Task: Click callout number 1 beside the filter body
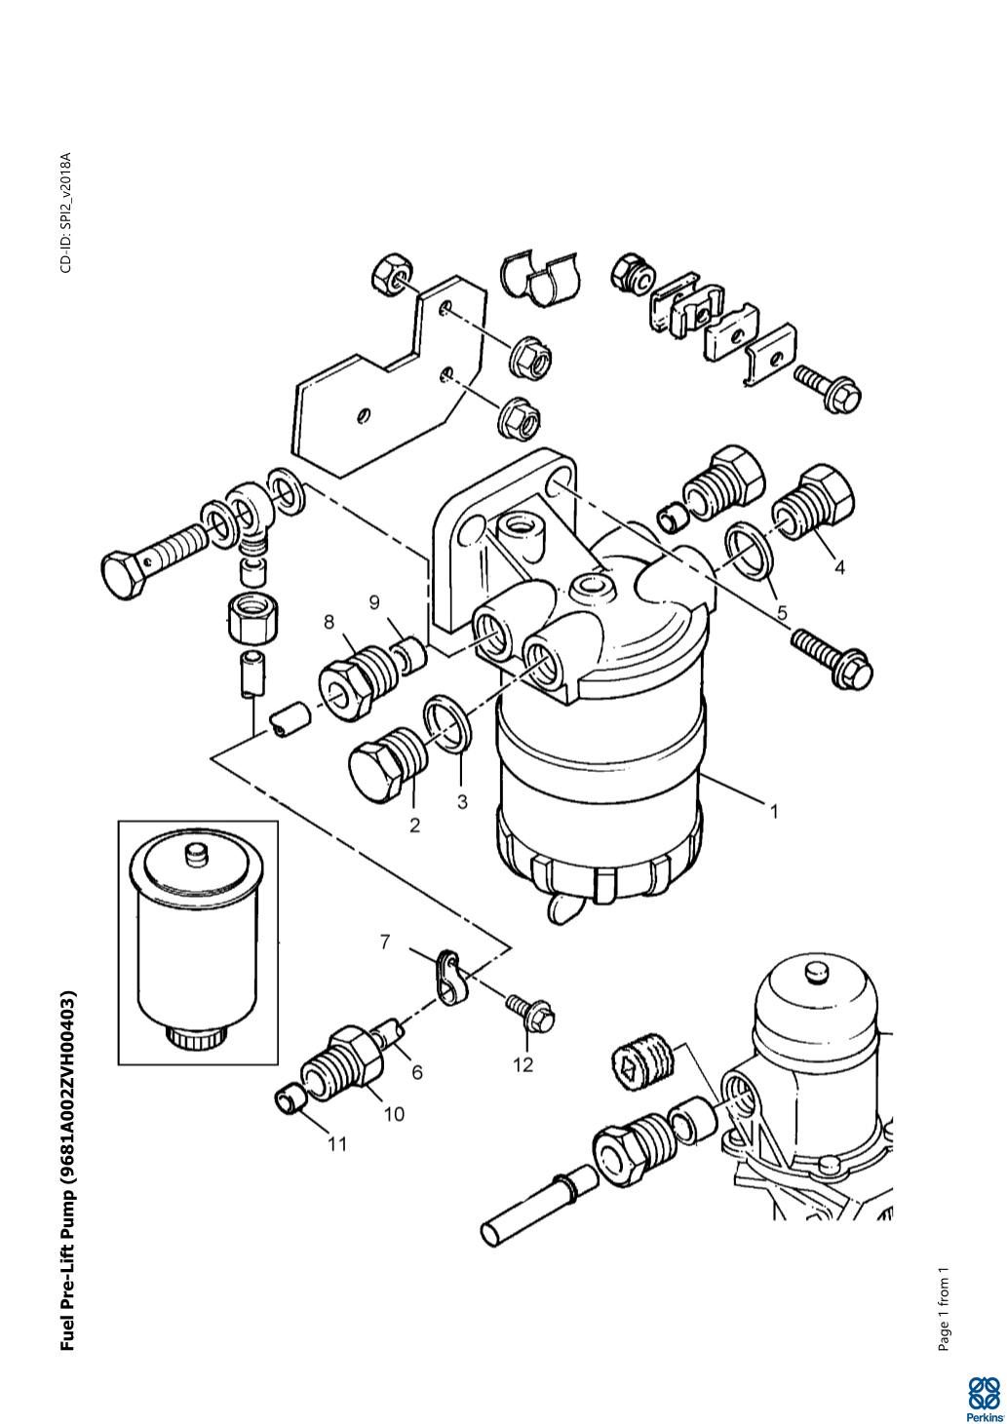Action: point(774,812)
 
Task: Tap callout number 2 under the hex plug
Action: point(414,826)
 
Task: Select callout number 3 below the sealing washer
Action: point(462,801)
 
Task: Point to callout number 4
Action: point(839,567)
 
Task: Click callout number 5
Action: point(782,613)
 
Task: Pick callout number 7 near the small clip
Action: point(385,942)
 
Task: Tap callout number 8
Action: point(329,621)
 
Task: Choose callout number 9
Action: point(374,600)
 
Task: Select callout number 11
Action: point(337,1144)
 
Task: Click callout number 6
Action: point(417,1072)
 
